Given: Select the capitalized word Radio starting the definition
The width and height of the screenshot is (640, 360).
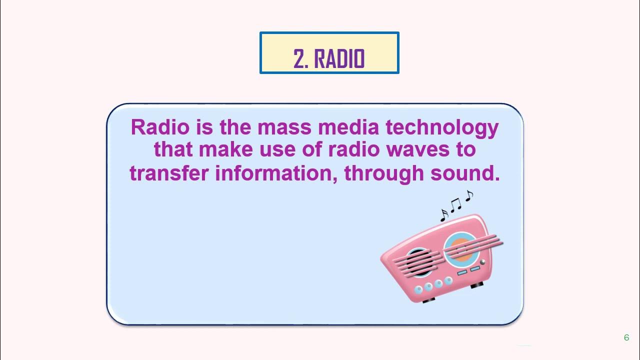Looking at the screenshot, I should pyautogui.click(x=160, y=127).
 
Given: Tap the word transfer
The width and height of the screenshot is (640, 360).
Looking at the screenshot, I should pyautogui.click(x=169, y=173).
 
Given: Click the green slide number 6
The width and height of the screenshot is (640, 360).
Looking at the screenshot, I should pyautogui.click(x=626, y=337).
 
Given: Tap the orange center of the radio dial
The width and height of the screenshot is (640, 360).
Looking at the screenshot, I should pyautogui.click(x=462, y=248).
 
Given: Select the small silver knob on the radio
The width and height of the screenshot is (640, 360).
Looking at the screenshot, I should pyautogui.click(x=482, y=261).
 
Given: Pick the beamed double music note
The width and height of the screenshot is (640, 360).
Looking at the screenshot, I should pyautogui.click(x=455, y=204).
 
